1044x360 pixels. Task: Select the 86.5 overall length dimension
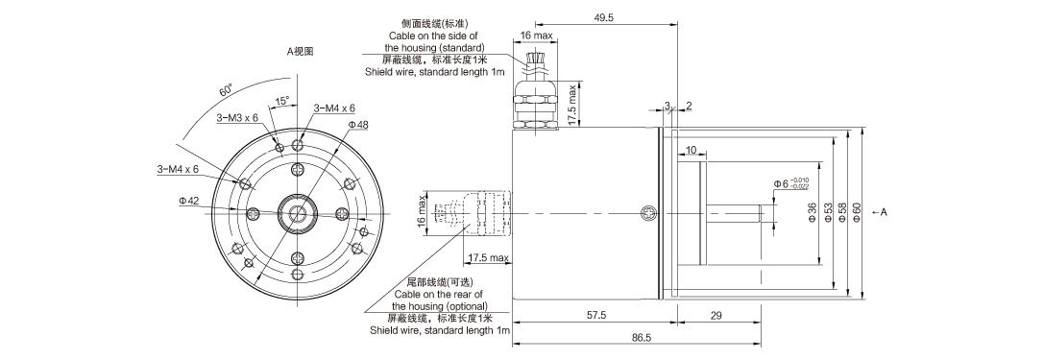643,338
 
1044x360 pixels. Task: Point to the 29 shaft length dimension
716,316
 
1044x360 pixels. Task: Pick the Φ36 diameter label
813,213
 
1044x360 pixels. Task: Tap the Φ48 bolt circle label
358,126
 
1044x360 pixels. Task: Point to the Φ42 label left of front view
188,201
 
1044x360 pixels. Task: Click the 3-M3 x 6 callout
237,118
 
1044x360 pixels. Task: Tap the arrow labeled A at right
878,212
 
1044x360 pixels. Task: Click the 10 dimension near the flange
692,151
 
